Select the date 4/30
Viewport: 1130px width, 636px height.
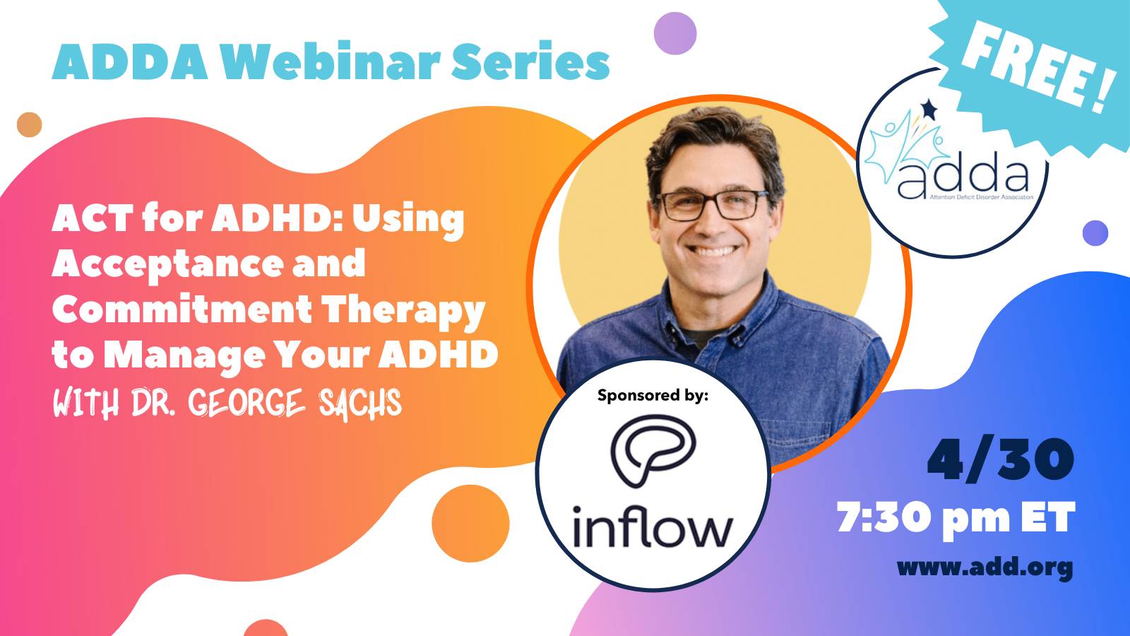pos(1001,459)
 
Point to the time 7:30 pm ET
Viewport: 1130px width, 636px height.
pos(956,517)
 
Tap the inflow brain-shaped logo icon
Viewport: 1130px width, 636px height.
pos(653,450)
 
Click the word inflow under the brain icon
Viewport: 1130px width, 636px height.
pos(653,526)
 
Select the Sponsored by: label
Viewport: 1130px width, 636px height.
pos(653,395)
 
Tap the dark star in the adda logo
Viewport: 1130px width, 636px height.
pos(928,110)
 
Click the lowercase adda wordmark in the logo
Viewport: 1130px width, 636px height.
pos(962,179)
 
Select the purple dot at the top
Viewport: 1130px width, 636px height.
pos(675,33)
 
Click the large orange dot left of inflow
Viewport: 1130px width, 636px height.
pos(470,524)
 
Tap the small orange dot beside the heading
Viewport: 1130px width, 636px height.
pos(29,124)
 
